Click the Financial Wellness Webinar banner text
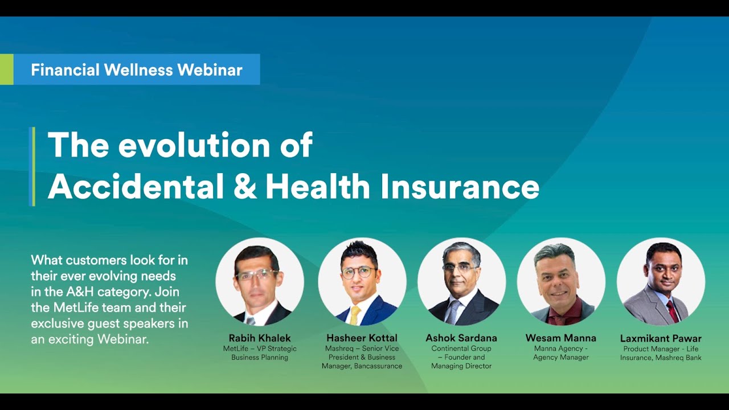tap(137, 70)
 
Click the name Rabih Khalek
tap(260, 338)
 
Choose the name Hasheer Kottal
tap(362, 338)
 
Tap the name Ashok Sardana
tap(461, 338)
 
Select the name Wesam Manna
tap(560, 338)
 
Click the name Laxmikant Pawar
tap(661, 338)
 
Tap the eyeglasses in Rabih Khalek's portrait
tap(257, 274)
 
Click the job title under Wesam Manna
tap(560, 352)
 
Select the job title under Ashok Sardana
tap(461, 357)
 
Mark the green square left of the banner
tap(6, 69)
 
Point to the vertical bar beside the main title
tap(32, 166)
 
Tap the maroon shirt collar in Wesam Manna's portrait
tap(561, 313)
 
